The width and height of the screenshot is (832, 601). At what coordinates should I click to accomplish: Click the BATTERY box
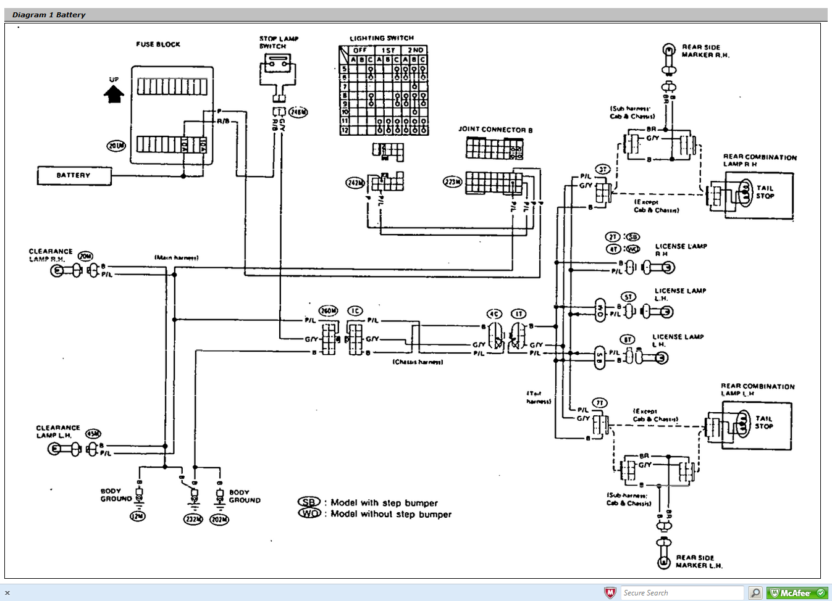point(74,176)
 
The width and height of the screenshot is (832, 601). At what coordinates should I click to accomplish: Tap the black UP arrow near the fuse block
point(114,94)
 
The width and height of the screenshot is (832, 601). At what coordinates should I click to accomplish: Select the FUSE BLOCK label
point(158,44)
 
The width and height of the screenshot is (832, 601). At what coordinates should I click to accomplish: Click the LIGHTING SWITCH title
point(381,38)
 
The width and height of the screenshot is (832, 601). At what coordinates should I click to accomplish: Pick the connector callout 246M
point(298,112)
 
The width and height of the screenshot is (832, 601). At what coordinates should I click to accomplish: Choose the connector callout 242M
point(355,183)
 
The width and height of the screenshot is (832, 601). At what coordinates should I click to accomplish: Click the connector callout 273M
point(452,181)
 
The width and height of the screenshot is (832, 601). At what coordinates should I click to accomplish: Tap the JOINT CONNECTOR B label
point(495,130)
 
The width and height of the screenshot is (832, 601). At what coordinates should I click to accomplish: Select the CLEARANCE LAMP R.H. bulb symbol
point(57,270)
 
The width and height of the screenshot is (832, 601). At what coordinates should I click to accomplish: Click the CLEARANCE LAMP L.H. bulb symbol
point(55,449)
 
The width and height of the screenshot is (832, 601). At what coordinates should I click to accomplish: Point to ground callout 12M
point(137,516)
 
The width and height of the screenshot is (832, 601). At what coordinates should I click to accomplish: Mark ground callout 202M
point(219,520)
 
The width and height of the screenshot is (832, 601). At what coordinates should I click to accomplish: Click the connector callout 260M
point(328,310)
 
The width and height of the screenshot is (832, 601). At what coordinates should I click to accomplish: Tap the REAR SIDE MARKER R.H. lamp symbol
point(668,50)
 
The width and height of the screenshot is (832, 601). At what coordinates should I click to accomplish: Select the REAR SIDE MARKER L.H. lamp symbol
point(663,562)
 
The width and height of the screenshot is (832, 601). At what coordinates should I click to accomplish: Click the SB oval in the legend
point(309,502)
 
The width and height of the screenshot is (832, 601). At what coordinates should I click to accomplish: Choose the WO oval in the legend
point(309,513)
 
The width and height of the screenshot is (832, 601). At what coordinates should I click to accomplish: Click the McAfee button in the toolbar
point(797,593)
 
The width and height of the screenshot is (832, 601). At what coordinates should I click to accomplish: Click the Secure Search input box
point(682,593)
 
